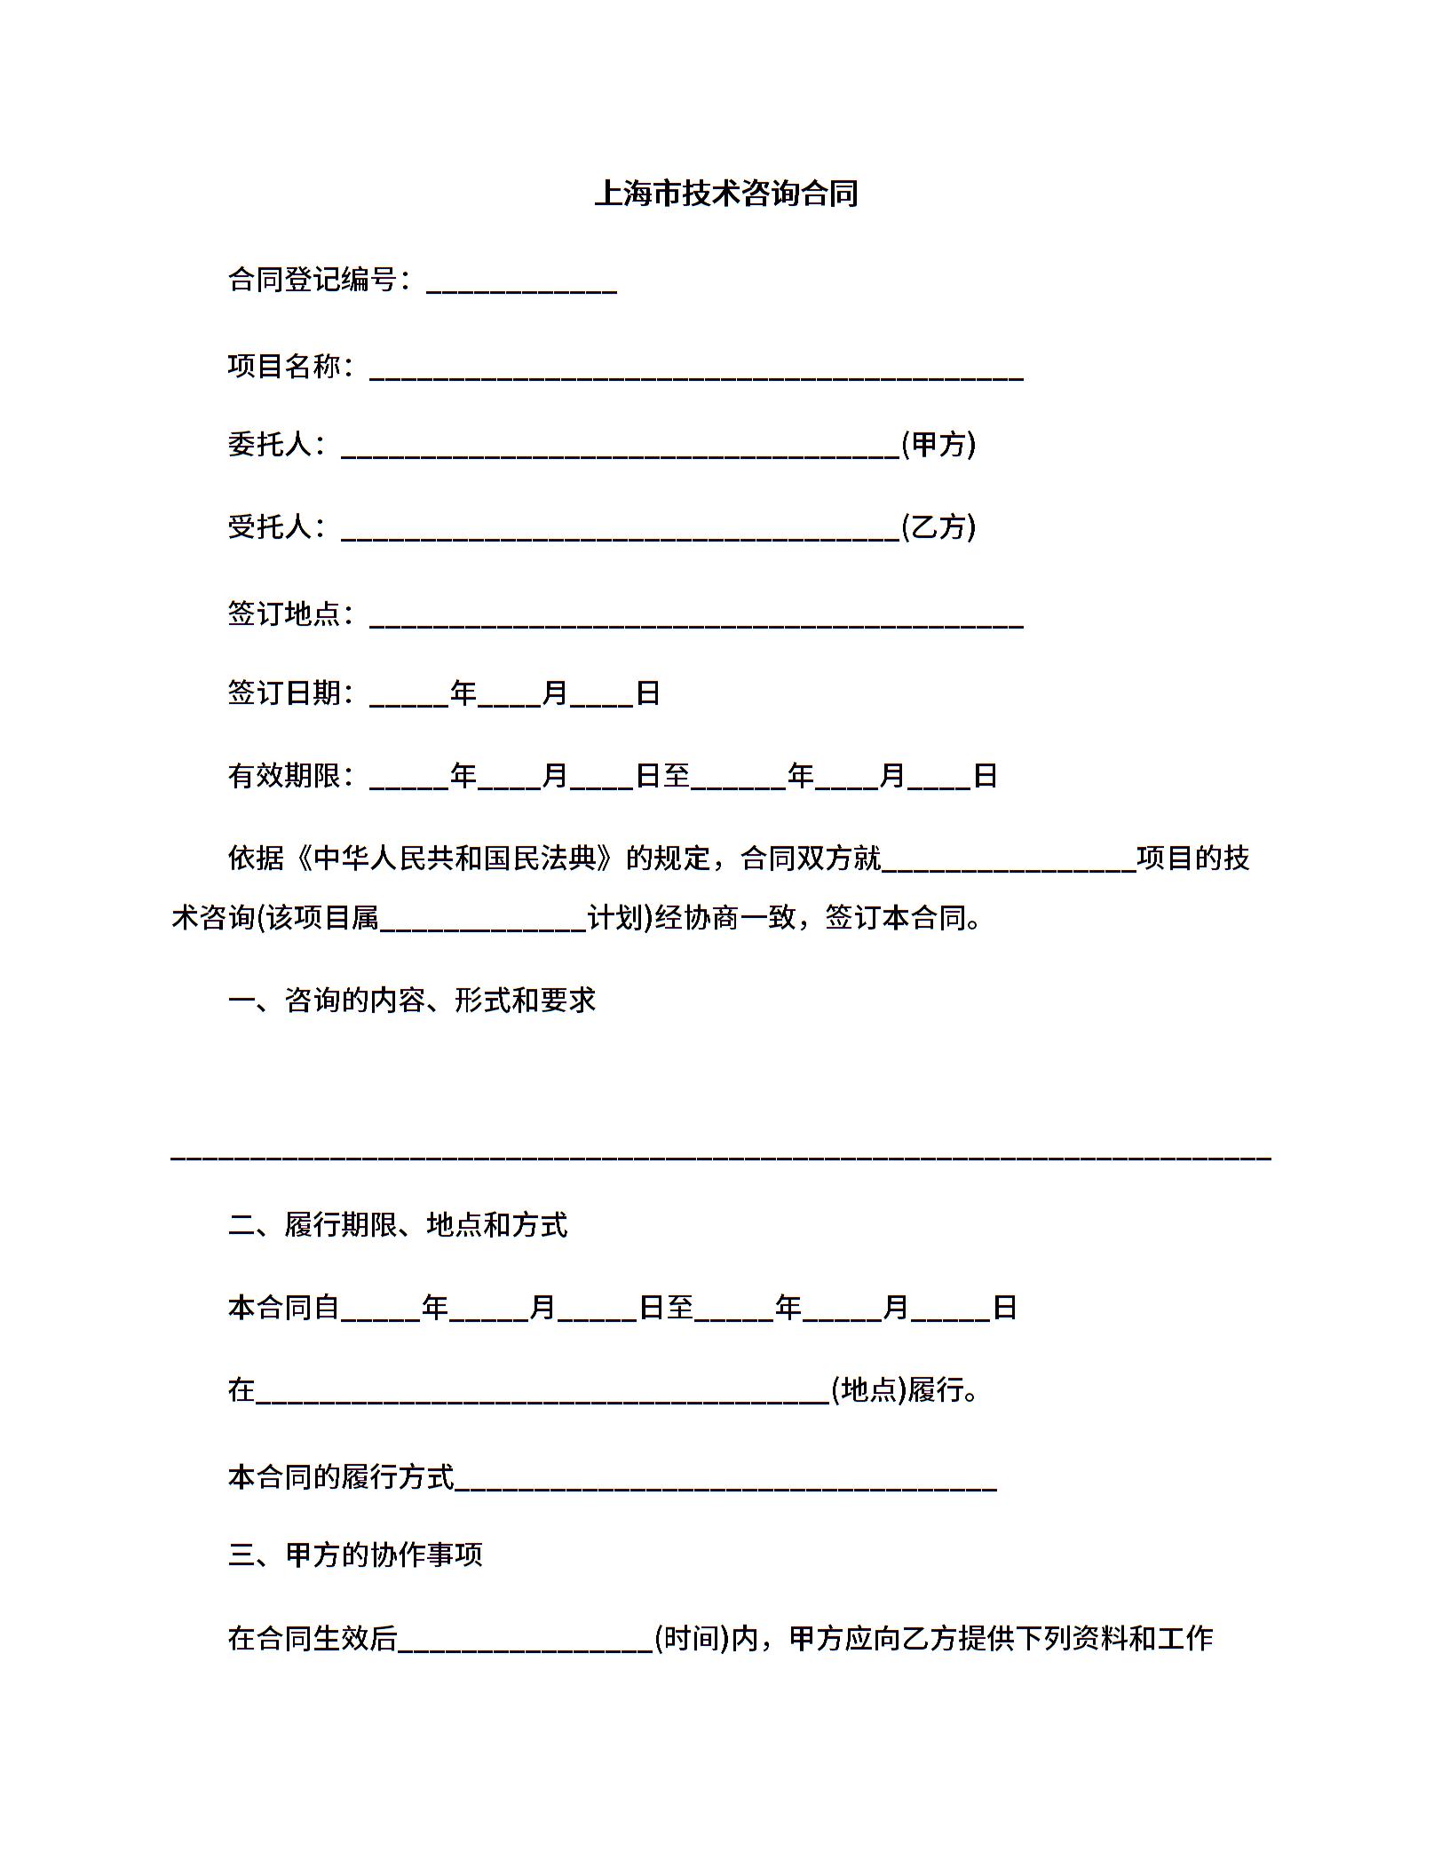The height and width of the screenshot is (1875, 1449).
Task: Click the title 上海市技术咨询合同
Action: click(x=725, y=193)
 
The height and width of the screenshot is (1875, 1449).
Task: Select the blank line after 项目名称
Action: click(x=696, y=371)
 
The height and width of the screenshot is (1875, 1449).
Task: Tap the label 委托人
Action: click(x=270, y=444)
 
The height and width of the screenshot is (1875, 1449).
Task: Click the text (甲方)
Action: click(x=938, y=444)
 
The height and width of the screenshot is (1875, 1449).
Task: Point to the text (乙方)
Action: click(x=938, y=527)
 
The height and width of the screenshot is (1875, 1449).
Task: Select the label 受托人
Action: click(x=270, y=527)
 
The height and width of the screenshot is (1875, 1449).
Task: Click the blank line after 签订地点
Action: click(x=696, y=619)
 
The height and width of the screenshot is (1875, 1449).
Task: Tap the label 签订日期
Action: click(x=284, y=693)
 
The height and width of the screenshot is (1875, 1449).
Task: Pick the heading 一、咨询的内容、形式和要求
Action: click(x=411, y=1001)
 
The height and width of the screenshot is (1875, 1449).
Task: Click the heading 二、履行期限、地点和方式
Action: click(x=397, y=1225)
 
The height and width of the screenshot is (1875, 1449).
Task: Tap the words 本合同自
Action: click(x=283, y=1308)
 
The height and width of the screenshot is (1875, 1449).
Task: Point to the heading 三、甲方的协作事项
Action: click(x=355, y=1555)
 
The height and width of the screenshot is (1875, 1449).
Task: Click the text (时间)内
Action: click(x=705, y=1638)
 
